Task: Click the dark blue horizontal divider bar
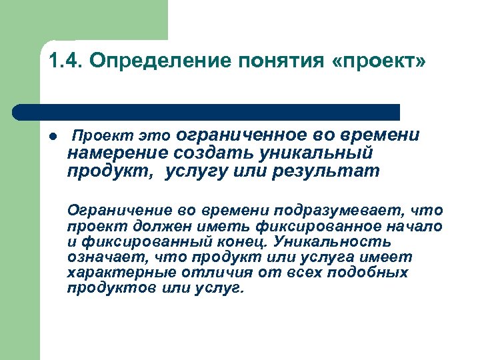207,111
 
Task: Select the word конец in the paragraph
257,241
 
